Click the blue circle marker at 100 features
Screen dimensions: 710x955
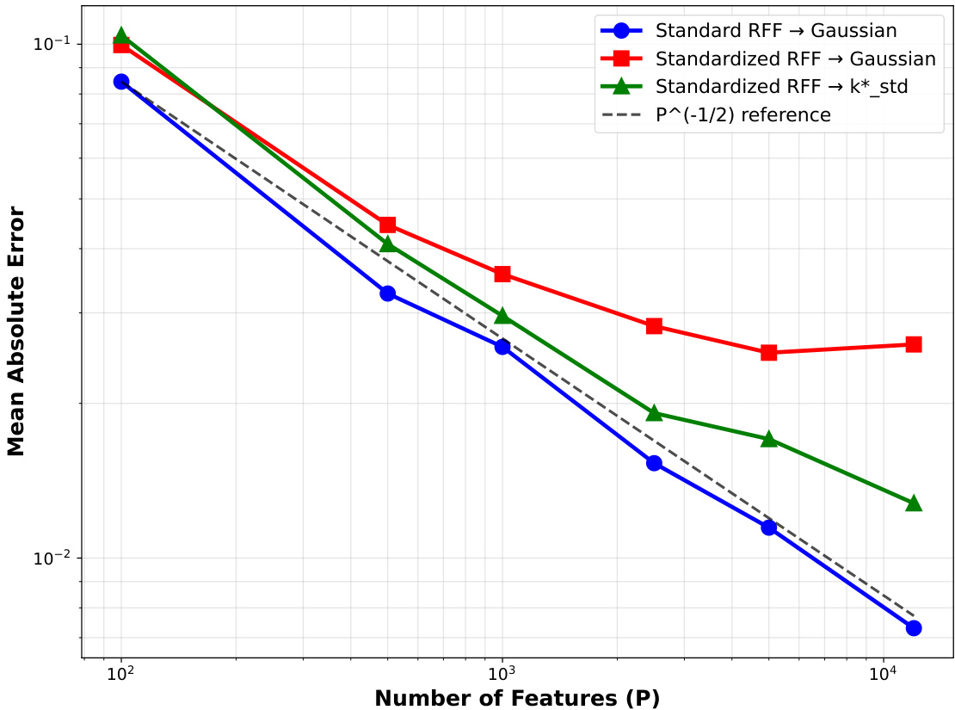(x=121, y=82)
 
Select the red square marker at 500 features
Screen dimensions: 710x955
(x=387, y=225)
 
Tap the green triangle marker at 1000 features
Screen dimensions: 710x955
(x=502, y=317)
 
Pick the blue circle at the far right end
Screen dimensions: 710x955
(x=914, y=627)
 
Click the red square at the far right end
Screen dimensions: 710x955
(x=914, y=344)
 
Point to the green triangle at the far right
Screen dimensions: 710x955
(x=914, y=503)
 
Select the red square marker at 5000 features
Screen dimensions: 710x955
(x=769, y=352)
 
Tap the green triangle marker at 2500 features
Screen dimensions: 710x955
(x=654, y=413)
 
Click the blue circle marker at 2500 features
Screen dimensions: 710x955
(x=654, y=463)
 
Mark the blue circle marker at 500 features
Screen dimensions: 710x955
(x=387, y=293)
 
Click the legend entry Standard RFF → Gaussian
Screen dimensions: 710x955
(x=775, y=32)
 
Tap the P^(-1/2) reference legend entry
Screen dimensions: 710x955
(x=742, y=115)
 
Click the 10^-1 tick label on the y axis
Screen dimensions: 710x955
(x=51, y=44)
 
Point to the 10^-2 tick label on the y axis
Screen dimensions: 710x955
(x=51, y=559)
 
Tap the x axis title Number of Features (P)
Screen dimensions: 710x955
(x=517, y=698)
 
